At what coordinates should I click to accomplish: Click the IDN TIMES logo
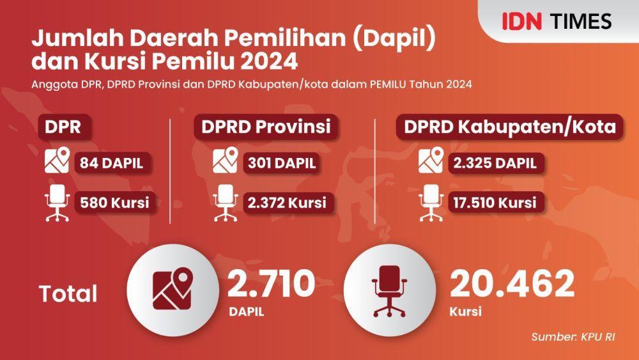tap(557, 21)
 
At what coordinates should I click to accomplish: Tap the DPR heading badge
tap(63, 127)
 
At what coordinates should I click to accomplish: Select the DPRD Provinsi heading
tap(266, 127)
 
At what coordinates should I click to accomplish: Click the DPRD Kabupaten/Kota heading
tap(510, 127)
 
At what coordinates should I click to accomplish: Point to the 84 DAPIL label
tap(112, 163)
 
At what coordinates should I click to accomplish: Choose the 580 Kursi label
tap(114, 203)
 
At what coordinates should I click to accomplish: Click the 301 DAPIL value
tap(282, 163)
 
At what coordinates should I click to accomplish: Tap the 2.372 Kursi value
tap(288, 203)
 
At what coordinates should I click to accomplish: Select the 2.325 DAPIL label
tap(495, 163)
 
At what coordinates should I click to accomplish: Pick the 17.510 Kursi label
tap(495, 203)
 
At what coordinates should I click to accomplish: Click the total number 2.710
tap(271, 283)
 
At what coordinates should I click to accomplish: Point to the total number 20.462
tap(512, 283)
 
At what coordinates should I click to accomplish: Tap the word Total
tap(68, 293)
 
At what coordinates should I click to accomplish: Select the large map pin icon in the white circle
tap(173, 288)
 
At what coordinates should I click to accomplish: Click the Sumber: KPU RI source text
tap(573, 337)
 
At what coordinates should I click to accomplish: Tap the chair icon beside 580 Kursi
tap(57, 203)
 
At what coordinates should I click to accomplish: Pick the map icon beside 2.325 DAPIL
tap(431, 160)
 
